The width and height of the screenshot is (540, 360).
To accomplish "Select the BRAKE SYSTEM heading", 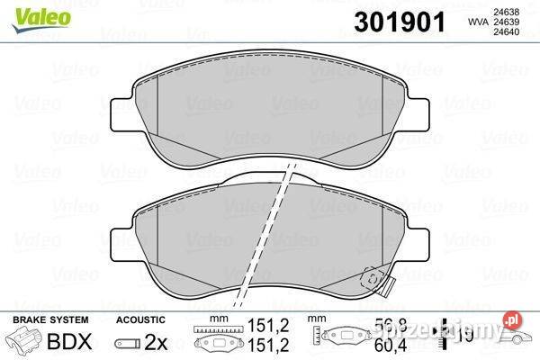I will click(49, 320).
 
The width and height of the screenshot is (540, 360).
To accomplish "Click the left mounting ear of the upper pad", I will click(119, 112).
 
